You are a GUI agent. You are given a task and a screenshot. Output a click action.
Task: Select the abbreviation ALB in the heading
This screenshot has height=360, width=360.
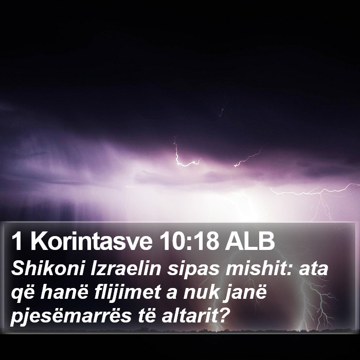(x=249, y=242)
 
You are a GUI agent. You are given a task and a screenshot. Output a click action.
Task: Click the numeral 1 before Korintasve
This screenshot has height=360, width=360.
(x=17, y=242)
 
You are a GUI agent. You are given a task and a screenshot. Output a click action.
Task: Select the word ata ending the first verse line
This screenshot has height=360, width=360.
(x=313, y=269)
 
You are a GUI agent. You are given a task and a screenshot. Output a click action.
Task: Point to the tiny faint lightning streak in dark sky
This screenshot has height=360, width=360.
(x=222, y=110)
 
